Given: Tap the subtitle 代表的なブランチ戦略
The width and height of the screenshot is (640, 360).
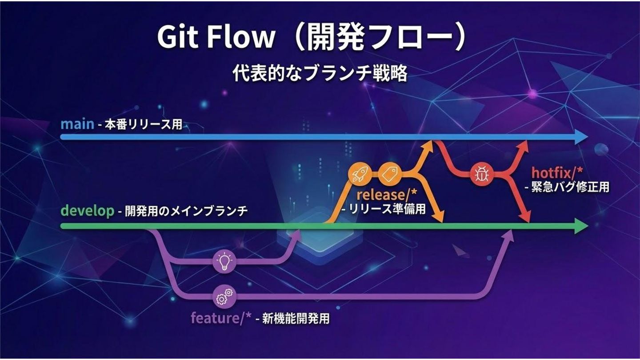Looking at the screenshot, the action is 320,74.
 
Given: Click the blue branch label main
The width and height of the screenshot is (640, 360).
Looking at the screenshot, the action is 77,124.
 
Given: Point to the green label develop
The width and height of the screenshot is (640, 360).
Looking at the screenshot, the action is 88,211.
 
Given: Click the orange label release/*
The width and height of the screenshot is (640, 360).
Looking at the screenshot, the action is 387,195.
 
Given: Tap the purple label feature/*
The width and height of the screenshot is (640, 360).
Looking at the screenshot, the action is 221,318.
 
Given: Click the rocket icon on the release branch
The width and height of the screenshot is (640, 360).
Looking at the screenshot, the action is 359,174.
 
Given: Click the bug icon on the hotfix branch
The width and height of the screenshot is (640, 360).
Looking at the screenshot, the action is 482,174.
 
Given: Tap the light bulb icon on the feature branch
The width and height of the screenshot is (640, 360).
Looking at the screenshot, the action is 224,261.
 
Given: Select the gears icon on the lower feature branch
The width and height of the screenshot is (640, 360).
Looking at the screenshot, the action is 224,296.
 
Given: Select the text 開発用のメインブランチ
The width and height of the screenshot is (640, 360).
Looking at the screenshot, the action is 186,211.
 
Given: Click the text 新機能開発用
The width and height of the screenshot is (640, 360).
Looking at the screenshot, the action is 296,319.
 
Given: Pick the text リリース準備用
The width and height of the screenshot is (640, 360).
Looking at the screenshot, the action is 387,209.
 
